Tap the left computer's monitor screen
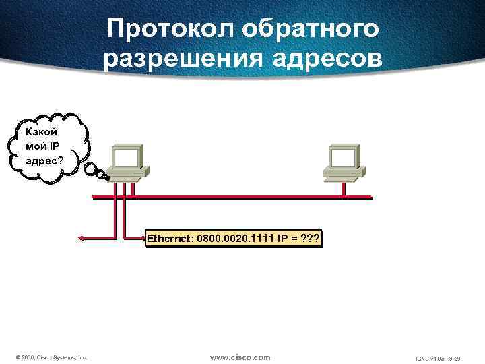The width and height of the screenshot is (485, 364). tap(127, 157)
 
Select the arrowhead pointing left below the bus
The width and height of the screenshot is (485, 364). tap(80, 238)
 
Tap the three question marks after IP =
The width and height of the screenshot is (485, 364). tap(309, 239)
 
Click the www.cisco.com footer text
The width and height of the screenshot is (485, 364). tap(240, 357)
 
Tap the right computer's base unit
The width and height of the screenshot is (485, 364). tap(344, 173)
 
